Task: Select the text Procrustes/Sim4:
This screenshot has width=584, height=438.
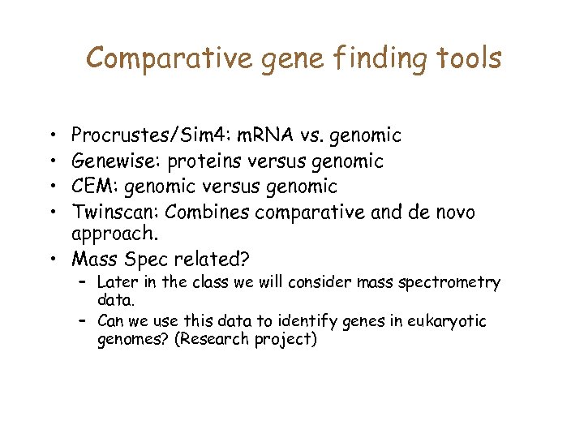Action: [129, 135]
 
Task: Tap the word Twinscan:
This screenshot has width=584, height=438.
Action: [111, 212]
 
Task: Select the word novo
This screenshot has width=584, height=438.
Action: [452, 212]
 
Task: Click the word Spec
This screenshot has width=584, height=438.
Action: [145, 260]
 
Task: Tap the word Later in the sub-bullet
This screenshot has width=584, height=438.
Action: [117, 282]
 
